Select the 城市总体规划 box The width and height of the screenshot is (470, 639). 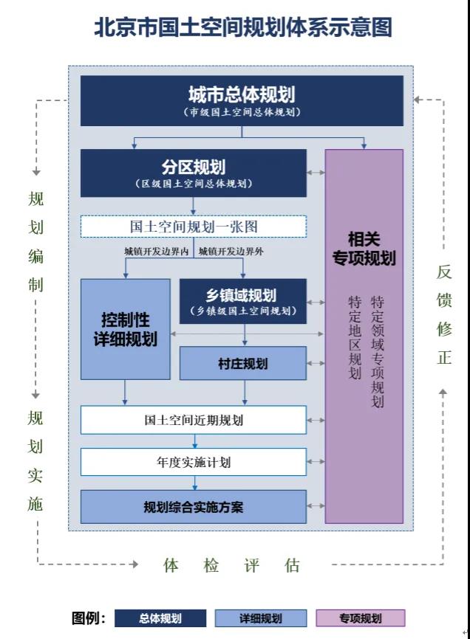pyautogui.click(x=242, y=101)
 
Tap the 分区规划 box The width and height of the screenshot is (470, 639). pyautogui.click(x=194, y=173)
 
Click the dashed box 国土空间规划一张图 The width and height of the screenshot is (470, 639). pyautogui.click(x=194, y=227)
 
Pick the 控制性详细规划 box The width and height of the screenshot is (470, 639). pyautogui.click(x=125, y=329)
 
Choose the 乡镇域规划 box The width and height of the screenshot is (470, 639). pyautogui.click(x=243, y=301)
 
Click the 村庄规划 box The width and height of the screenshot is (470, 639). pyautogui.click(x=243, y=364)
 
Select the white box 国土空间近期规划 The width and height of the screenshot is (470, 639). pyautogui.click(x=194, y=421)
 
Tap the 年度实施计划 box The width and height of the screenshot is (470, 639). pyautogui.click(x=194, y=463)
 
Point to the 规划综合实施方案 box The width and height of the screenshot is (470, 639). pyautogui.click(x=194, y=507)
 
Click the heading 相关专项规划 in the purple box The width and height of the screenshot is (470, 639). pyautogui.click(x=364, y=249)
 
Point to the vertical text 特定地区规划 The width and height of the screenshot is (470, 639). pyautogui.click(x=355, y=339)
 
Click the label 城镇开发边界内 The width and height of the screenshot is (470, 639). pyautogui.click(x=157, y=252)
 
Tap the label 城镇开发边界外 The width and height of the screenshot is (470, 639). pyautogui.click(x=231, y=252)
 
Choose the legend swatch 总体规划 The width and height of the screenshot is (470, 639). pyautogui.click(x=160, y=618)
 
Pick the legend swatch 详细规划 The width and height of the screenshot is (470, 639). pyautogui.click(x=261, y=618)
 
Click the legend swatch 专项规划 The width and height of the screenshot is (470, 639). pyautogui.click(x=361, y=618)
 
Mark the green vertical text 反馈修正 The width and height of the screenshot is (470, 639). pyautogui.click(x=444, y=315)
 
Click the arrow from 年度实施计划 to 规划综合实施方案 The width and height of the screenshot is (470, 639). pyautogui.click(x=195, y=483)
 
